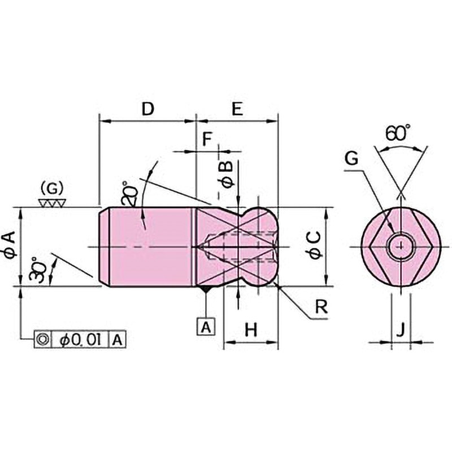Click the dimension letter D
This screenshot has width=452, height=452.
click(x=148, y=109)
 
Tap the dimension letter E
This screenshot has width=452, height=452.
click(x=237, y=109)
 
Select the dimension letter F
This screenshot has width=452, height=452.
click(x=207, y=139)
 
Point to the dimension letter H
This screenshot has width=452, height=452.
click(x=251, y=329)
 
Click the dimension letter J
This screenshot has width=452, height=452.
click(x=401, y=329)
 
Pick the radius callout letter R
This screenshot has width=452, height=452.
click(x=321, y=306)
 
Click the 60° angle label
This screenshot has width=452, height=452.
click(x=398, y=133)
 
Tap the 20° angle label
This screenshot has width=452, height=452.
click(x=128, y=194)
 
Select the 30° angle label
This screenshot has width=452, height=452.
click(x=37, y=269)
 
